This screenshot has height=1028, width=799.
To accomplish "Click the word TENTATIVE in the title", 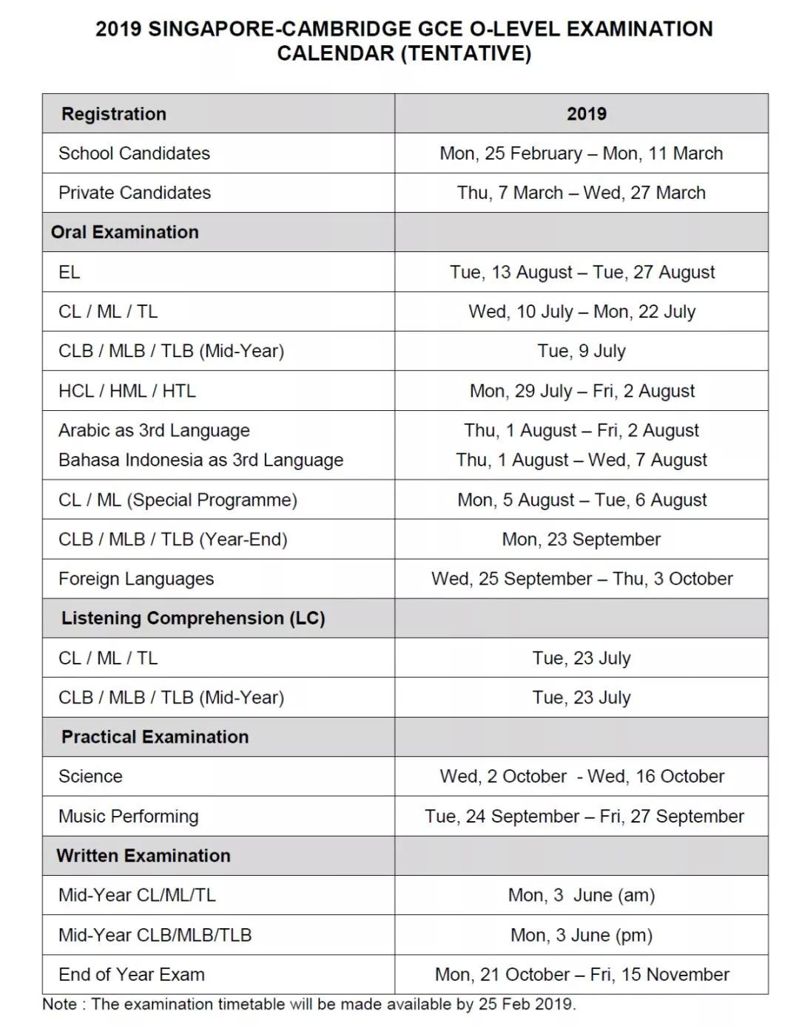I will (466, 53).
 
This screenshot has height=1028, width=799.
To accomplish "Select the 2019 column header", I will (586, 114).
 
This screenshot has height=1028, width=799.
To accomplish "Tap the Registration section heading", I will (114, 114).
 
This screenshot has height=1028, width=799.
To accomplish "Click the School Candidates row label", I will (134, 153).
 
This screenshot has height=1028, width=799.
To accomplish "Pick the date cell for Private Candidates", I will (581, 193).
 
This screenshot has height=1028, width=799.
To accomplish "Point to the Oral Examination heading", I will (124, 232).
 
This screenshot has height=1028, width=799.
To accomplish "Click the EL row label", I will (69, 272).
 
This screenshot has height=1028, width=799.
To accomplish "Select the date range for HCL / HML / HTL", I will (581, 391).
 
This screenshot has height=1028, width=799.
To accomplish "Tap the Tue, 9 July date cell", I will (581, 351).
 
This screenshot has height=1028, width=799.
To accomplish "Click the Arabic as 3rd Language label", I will (154, 430).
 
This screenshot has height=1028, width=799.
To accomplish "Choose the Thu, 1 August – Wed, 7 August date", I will (581, 460).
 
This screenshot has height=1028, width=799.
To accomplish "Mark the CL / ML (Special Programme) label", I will (178, 500).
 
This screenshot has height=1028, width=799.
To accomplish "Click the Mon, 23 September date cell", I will (581, 539).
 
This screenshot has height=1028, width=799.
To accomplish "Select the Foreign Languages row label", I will (136, 579).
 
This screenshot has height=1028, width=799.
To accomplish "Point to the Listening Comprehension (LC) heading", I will (193, 618).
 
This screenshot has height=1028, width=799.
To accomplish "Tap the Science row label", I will (90, 776).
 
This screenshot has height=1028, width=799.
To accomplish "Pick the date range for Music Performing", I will (584, 816).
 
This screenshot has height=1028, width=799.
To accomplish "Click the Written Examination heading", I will (144, 855).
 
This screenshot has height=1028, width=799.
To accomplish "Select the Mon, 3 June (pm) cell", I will (581, 935).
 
